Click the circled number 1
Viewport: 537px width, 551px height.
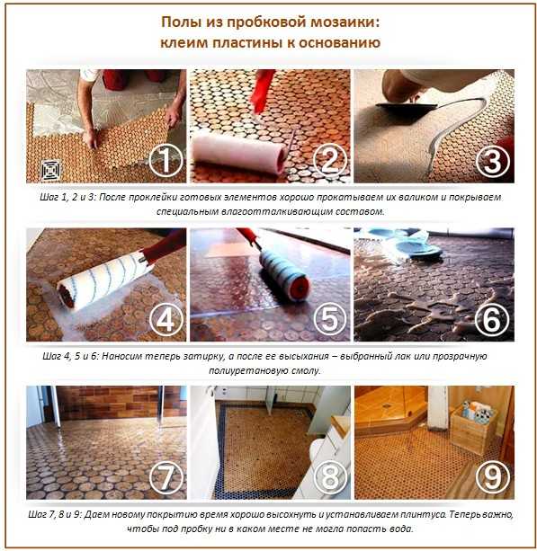pos(166,161)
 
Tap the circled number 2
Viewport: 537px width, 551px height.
pos(330,161)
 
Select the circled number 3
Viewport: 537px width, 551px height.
pos(493,161)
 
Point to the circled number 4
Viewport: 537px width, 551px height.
pos(166,320)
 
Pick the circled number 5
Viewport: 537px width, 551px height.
pos(330,319)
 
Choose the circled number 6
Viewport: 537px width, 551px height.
pos(492,319)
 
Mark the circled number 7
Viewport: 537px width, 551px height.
pos(166,477)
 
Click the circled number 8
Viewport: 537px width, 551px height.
pos(330,477)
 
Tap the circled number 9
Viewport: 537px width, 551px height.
pos(493,477)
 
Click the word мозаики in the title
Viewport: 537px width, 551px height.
pos(343,22)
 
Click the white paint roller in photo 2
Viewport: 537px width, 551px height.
pos(239,152)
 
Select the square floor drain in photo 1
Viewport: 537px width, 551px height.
pos(51,170)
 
